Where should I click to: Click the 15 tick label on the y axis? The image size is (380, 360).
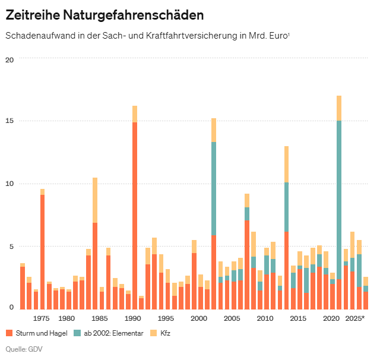[x=9, y=121]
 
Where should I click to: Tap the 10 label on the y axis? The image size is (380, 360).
[x=9, y=184]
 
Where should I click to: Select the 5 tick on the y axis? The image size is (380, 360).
[x=11, y=246]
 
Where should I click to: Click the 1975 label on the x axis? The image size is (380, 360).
[x=42, y=318]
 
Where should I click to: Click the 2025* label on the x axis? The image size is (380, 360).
[x=355, y=318]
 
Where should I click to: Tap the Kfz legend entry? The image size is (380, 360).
[x=164, y=333]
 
